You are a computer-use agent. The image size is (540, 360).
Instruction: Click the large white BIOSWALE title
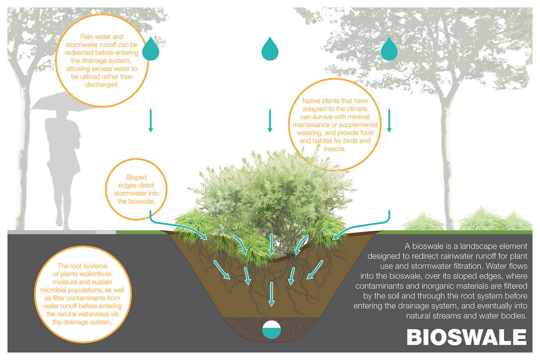click(466, 337)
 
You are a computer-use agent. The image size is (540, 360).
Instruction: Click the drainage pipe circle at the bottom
click(272, 329)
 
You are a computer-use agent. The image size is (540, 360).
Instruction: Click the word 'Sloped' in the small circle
click(136, 177)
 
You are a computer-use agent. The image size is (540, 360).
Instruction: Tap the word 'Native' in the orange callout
click(310, 101)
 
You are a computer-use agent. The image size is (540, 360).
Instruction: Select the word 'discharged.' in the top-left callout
click(102, 85)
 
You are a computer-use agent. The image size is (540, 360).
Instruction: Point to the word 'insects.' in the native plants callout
click(335, 149)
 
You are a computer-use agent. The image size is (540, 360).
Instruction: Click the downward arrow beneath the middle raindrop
click(270, 120)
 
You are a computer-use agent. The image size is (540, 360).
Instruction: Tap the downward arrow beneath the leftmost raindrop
click(151, 120)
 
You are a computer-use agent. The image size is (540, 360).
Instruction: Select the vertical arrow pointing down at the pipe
click(272, 294)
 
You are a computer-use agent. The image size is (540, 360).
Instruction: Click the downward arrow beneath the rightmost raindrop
click(389, 120)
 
